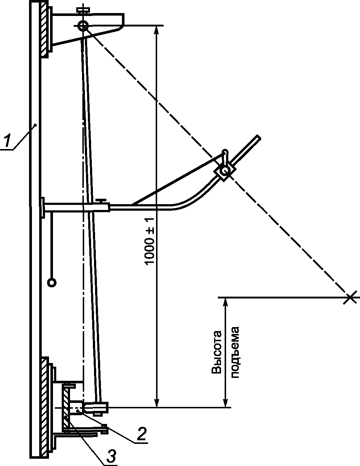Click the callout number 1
tap(7, 142)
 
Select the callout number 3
tap(112, 455)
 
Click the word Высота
tap(216, 352)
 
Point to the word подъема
tap(235, 352)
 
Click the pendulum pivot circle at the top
tap(83, 25)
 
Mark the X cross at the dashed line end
tap(349, 297)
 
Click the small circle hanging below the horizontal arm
tap(52, 282)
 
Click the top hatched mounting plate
tap(44, 29)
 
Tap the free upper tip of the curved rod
tap(258, 138)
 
